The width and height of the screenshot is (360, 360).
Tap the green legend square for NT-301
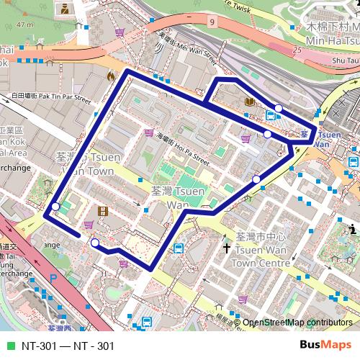pyautogui.click(x=10, y=346)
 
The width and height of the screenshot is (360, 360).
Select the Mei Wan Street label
pyautogui.click(x=186, y=48)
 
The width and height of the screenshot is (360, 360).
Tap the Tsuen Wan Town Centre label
pyautogui.click(x=262, y=250)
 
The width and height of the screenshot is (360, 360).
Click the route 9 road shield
pyautogui.click(x=212, y=22)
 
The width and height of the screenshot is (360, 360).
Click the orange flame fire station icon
pyautogui.click(x=110, y=75)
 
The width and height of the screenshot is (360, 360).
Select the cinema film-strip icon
pyautogui.click(x=104, y=211)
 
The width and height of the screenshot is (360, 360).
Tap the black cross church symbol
pyautogui.click(x=227, y=248)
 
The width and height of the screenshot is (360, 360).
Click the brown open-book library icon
pyautogui.click(x=249, y=102)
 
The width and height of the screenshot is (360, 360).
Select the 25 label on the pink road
pyautogui.click(x=297, y=50)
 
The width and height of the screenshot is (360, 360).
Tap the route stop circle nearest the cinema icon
pyautogui.click(x=95, y=243)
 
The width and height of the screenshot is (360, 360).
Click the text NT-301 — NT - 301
pyautogui.click(x=68, y=346)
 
